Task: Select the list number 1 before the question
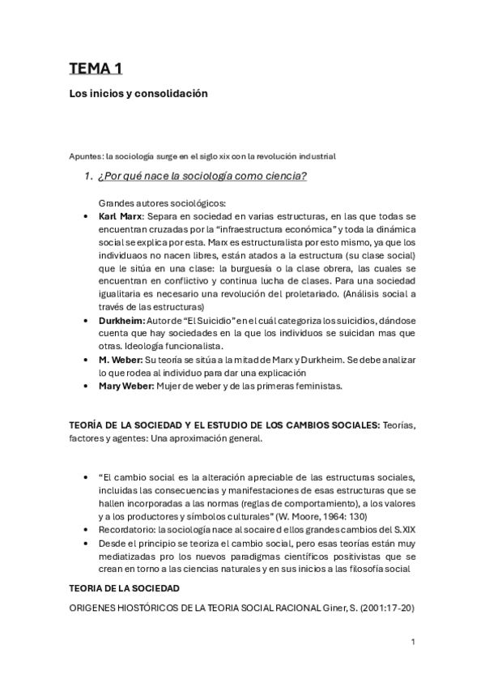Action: (89, 177)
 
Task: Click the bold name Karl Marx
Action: (119, 217)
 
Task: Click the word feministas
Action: (317, 386)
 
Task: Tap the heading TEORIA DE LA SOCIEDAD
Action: (124, 587)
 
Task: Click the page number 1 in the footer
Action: (413, 642)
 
